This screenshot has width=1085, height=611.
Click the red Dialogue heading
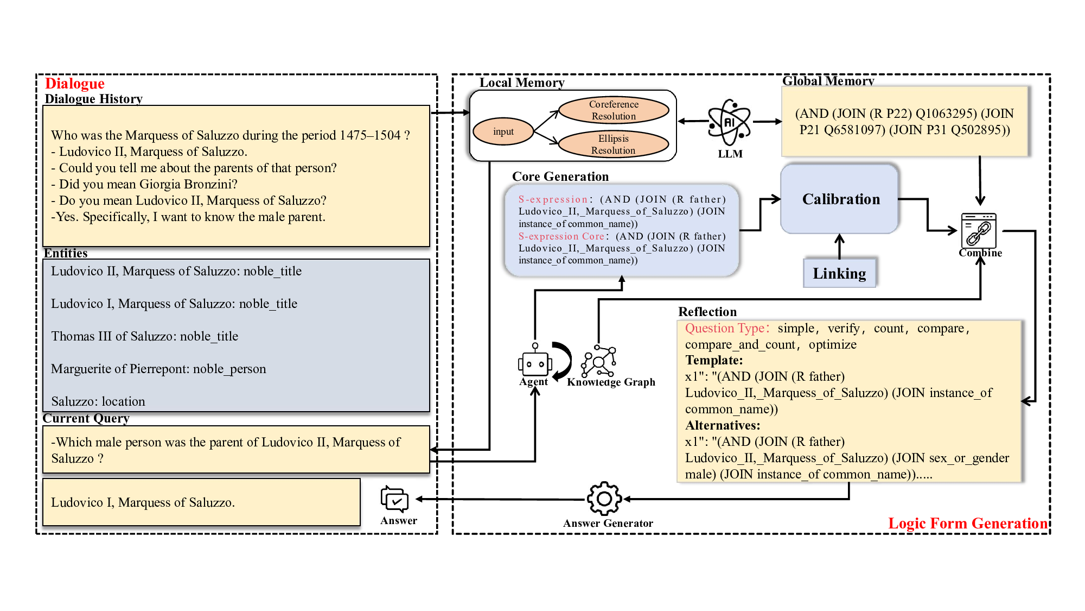(x=74, y=84)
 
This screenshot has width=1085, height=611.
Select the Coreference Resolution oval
(x=614, y=110)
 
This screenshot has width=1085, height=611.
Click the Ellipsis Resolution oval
(x=613, y=144)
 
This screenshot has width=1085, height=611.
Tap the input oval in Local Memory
(x=503, y=131)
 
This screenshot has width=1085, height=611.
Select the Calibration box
(x=840, y=199)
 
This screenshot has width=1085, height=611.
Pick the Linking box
(x=839, y=273)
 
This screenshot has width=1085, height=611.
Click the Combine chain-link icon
(x=979, y=231)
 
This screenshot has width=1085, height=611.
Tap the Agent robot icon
(x=535, y=362)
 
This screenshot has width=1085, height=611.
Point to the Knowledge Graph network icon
(x=598, y=361)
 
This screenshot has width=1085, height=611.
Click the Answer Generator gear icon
(x=604, y=499)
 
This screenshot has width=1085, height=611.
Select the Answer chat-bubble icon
(x=394, y=499)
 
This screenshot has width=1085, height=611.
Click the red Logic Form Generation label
(x=967, y=524)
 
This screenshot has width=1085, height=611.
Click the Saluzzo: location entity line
(x=98, y=401)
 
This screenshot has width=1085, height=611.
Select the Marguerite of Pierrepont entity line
(x=158, y=369)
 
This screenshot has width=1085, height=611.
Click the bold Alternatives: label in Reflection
(x=723, y=425)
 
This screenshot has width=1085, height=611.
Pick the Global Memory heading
(x=828, y=81)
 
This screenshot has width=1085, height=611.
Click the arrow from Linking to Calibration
(x=839, y=246)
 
